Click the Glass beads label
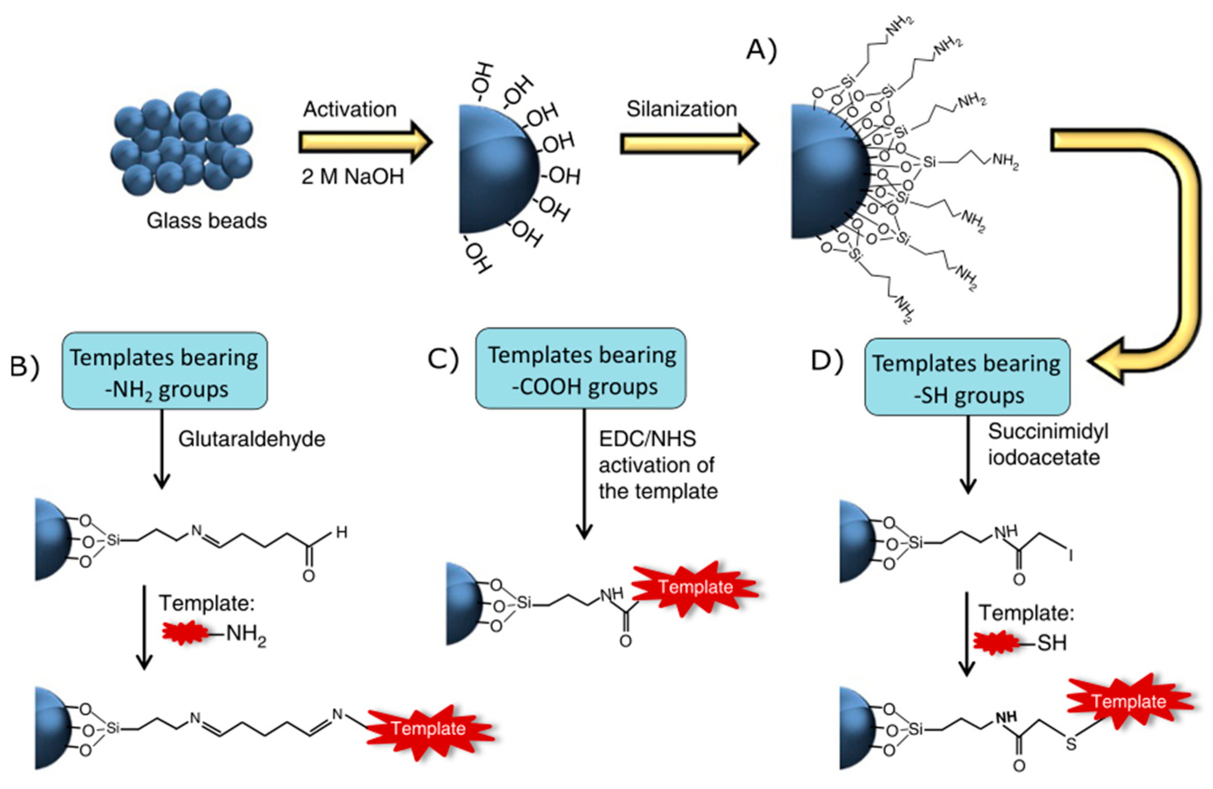(x=207, y=221)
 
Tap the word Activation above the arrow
(x=350, y=109)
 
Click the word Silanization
(x=681, y=109)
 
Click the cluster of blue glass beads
(x=181, y=142)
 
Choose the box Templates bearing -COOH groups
(x=580, y=369)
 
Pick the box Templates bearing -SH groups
(x=966, y=377)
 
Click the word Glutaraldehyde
(x=251, y=439)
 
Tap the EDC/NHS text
(x=647, y=439)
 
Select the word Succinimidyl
(x=1048, y=431)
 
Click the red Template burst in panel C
(x=696, y=587)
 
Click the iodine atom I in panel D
(x=1070, y=554)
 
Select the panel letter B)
(x=24, y=367)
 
